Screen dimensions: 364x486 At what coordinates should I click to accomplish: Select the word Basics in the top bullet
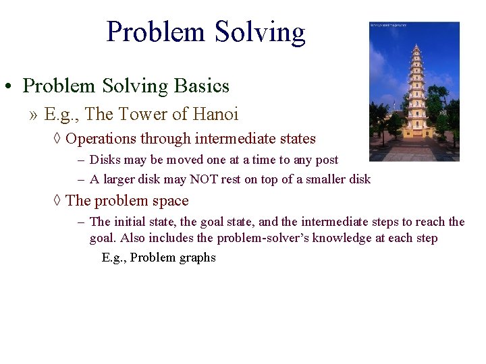202,86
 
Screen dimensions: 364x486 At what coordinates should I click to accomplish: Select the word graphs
196,257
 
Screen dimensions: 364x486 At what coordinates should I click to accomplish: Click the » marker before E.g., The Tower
34,115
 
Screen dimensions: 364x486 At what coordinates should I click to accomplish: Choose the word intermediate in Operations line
233,139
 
